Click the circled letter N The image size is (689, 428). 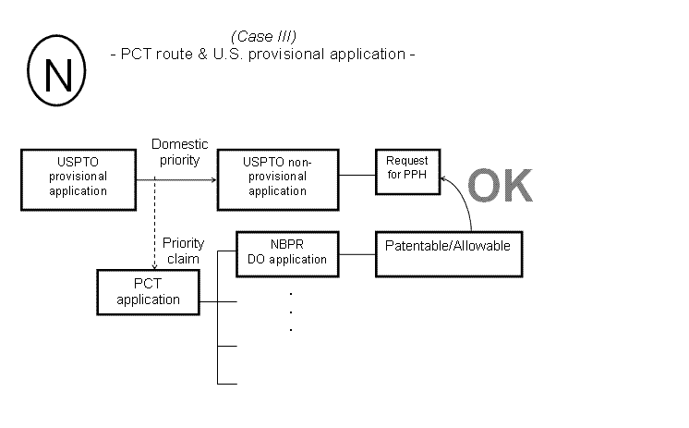(54, 71)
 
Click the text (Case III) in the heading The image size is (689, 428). (263, 37)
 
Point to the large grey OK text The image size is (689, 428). (499, 184)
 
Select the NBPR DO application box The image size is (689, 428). (287, 252)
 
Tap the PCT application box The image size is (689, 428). (148, 291)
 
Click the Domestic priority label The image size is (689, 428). (180, 151)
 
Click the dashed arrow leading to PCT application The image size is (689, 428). (154, 222)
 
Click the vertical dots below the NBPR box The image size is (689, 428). (290, 311)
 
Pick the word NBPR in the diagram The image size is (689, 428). (287, 245)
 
